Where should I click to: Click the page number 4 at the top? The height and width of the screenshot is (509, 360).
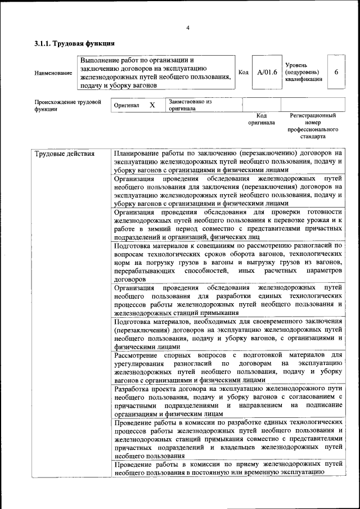[x=188, y=28]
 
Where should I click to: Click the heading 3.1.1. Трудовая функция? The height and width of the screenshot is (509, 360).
[x=75, y=43]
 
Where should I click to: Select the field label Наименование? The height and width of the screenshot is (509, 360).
[x=53, y=73]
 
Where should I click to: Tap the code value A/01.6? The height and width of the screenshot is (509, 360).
[x=267, y=72]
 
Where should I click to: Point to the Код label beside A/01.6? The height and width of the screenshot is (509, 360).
[x=244, y=72]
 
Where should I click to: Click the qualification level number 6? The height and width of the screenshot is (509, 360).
[x=336, y=72]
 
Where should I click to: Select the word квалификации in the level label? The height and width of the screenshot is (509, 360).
[x=303, y=79]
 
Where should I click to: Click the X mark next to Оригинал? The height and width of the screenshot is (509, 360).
[x=152, y=105]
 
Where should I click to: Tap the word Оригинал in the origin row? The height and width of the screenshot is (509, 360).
[x=127, y=105]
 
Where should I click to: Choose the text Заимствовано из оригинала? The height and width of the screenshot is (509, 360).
[x=190, y=105]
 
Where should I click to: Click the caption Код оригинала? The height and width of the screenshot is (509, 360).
[x=262, y=119]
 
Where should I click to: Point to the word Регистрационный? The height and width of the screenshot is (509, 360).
[x=313, y=115]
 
